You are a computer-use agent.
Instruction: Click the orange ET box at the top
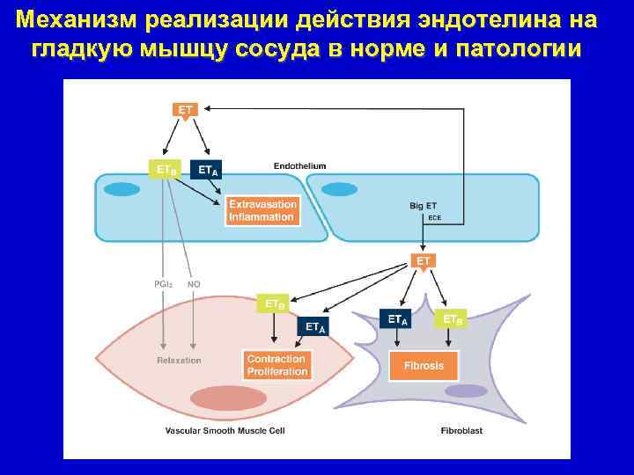(x=185, y=110)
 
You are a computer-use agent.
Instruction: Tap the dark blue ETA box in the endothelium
(x=207, y=169)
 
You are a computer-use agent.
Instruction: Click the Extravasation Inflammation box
(x=262, y=211)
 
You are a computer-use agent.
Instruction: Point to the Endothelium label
(x=299, y=164)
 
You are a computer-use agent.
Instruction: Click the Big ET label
(x=423, y=206)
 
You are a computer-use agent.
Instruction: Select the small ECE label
(x=434, y=217)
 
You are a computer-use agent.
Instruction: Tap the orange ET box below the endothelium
(x=424, y=261)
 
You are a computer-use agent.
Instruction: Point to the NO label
(x=194, y=284)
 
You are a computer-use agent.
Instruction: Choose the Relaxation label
(x=179, y=361)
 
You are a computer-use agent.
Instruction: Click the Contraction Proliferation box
(x=276, y=365)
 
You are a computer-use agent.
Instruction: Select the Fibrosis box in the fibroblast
(x=430, y=365)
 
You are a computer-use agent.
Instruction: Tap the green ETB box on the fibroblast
(x=453, y=318)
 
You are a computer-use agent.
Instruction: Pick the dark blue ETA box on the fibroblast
(x=398, y=319)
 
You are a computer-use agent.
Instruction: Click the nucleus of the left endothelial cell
(x=122, y=188)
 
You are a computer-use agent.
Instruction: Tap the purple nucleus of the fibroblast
(x=466, y=391)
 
